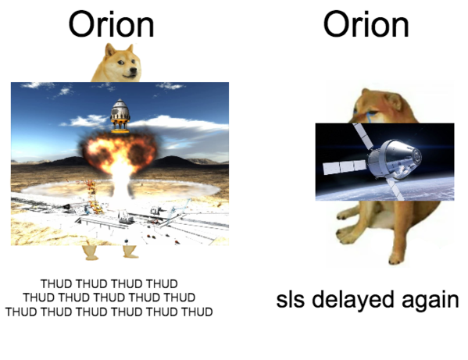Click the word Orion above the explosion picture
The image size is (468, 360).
[111, 24]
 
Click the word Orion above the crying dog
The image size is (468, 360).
[366, 24]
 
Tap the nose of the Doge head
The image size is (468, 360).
[134, 70]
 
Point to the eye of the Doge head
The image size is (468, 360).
[120, 62]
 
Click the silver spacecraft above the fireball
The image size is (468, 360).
[120, 116]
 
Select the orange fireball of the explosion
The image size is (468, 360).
[118, 151]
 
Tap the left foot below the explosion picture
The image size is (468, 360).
[91, 253]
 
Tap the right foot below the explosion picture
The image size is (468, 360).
[130, 251]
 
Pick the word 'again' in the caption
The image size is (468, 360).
[430, 301]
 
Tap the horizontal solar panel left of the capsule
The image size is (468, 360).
[345, 167]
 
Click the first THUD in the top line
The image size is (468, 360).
[56, 283]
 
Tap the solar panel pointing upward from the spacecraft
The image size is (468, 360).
[363, 136]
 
